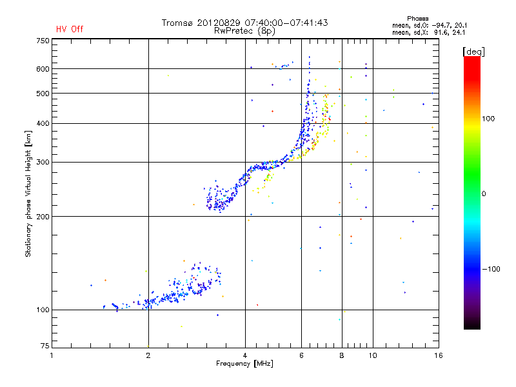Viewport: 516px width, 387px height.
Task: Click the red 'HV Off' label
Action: (x=69, y=29)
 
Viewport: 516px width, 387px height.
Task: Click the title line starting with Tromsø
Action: (x=244, y=23)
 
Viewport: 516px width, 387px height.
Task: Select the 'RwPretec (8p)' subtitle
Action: (x=244, y=30)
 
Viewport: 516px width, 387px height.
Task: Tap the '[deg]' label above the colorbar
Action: (x=473, y=51)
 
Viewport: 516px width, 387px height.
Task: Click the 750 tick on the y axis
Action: (x=43, y=41)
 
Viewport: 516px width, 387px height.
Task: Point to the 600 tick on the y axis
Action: (x=43, y=68)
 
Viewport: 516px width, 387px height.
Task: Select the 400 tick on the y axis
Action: (x=43, y=123)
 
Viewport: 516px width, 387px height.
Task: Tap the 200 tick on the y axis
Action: (x=43, y=217)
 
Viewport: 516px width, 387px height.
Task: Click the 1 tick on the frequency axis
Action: (x=52, y=355)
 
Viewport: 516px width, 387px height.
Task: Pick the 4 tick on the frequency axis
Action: (x=245, y=355)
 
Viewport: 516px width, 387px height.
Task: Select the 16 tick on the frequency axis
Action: (x=438, y=355)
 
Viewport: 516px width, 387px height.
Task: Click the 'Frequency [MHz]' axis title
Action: (x=244, y=363)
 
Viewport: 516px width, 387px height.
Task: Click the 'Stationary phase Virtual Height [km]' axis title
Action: (x=28, y=193)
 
